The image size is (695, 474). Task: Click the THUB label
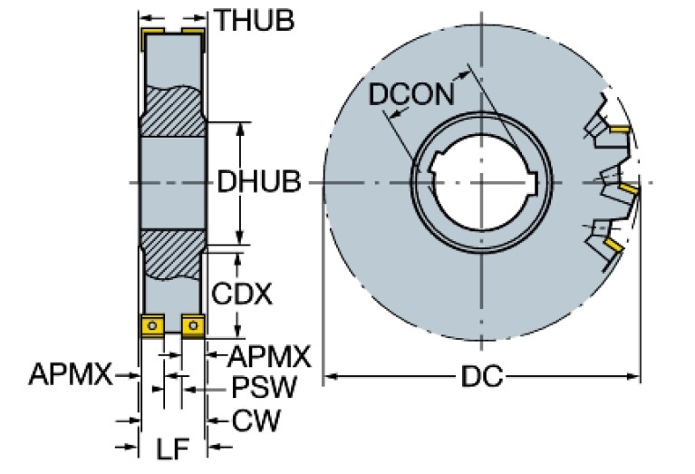[253, 19]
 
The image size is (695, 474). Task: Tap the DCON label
[411, 95]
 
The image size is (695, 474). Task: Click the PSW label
[264, 388]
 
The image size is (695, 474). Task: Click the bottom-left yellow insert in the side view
[151, 324]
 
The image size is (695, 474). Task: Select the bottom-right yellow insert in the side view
[193, 324]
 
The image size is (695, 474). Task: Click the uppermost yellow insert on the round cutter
[620, 131]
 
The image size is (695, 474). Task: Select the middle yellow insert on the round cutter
[628, 188]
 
